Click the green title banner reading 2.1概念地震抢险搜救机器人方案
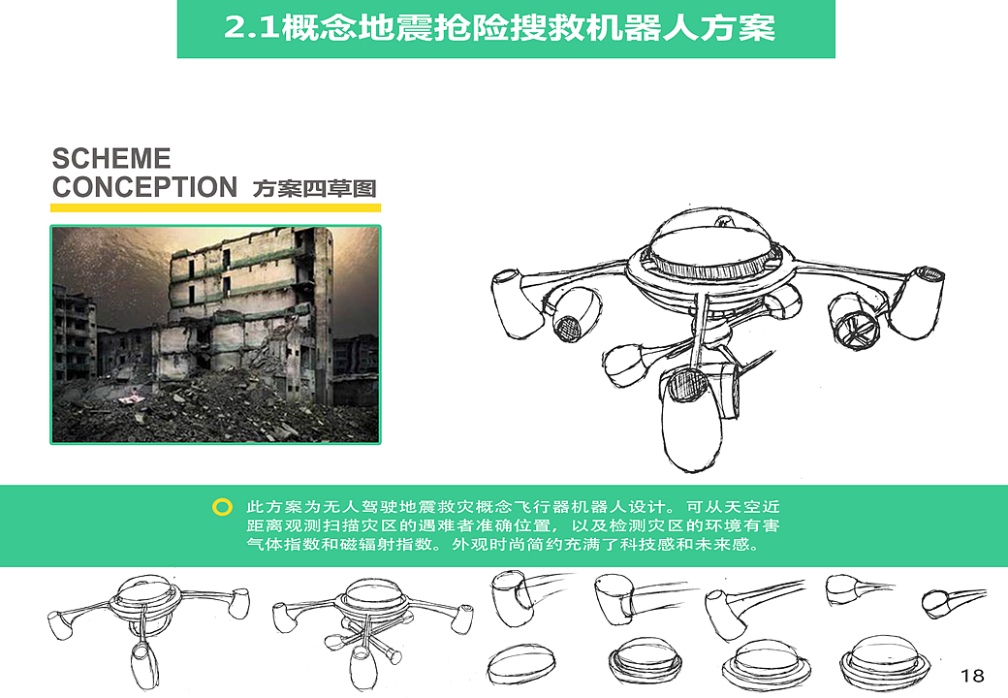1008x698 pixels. [505, 28]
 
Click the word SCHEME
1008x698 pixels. [110, 159]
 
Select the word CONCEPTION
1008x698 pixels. [144, 187]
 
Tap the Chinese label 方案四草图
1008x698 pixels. [314, 188]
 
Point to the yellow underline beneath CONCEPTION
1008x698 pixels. [215, 207]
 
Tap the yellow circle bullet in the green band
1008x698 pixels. [222, 507]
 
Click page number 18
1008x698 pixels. [972, 675]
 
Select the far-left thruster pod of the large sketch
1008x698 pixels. [513, 301]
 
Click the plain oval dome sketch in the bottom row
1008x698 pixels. [521, 664]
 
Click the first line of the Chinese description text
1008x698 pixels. [513, 507]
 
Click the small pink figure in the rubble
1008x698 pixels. [133, 394]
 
